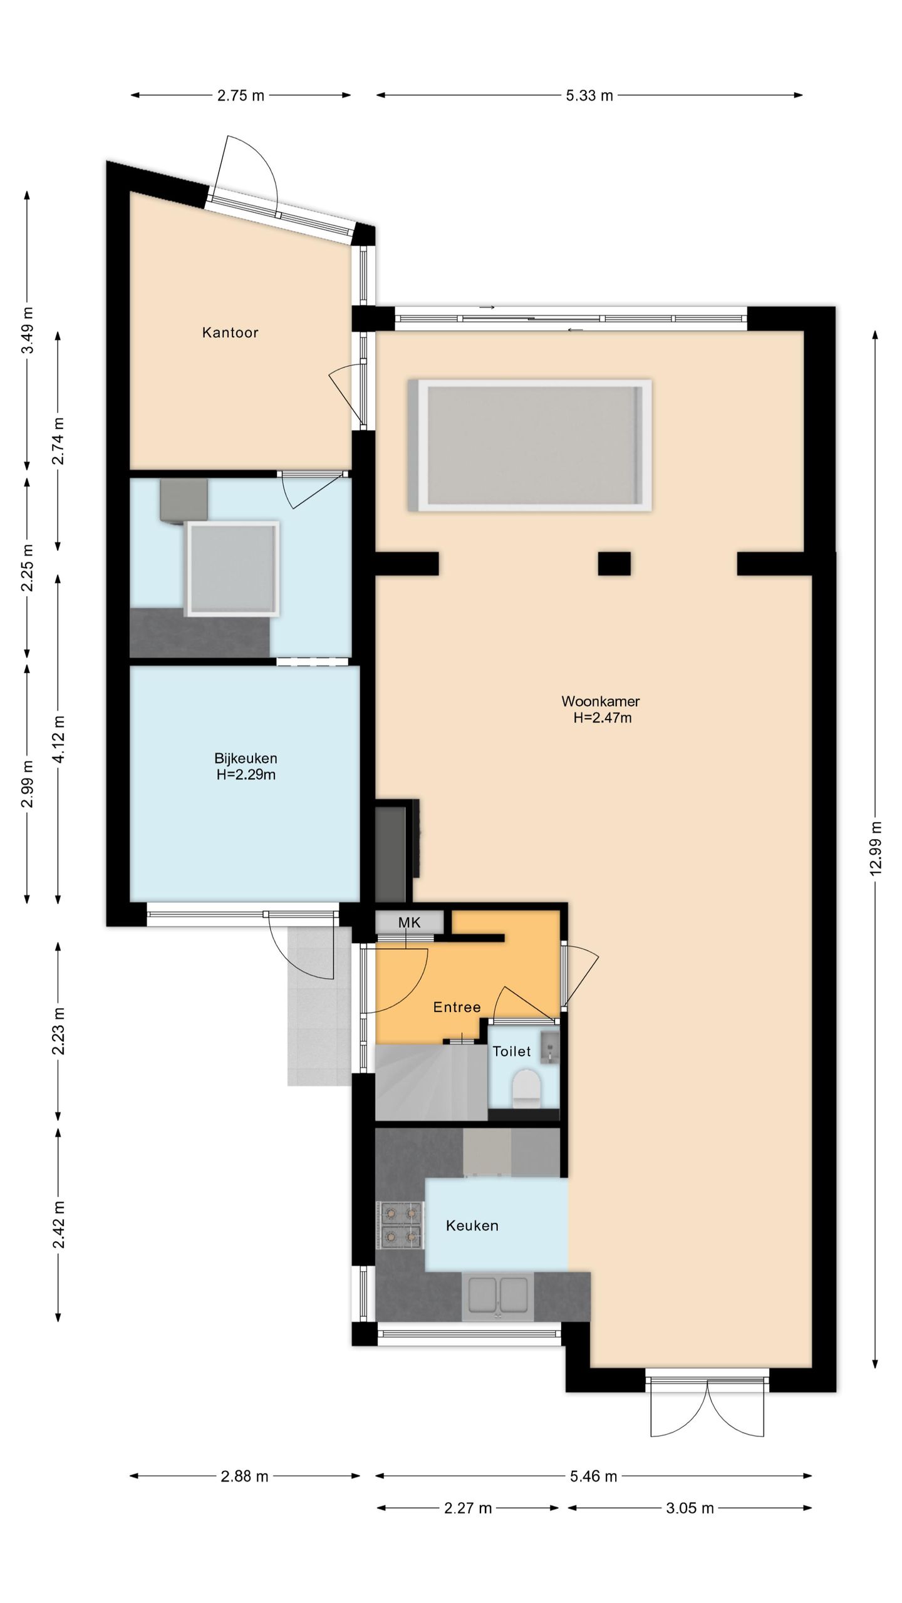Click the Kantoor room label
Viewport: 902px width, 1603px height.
230,332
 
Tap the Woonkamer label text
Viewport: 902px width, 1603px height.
600,701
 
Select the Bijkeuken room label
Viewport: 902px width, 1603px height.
246,758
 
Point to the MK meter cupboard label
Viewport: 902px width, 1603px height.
410,922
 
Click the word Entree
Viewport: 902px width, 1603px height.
457,1008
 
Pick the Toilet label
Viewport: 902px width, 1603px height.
512,1051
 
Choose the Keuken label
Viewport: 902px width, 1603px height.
472,1225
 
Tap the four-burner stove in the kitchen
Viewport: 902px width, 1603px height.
400,1225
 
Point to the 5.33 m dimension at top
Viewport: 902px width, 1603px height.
589,96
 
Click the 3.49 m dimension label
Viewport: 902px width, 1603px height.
28,330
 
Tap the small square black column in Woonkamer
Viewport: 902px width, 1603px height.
614,563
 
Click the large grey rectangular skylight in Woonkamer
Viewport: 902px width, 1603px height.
530,445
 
